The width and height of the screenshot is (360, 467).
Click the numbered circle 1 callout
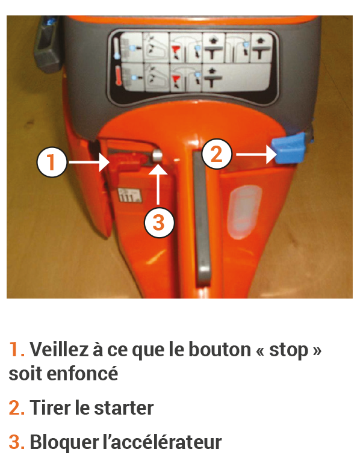[52, 162]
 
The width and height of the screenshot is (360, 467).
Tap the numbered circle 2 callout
[217, 154]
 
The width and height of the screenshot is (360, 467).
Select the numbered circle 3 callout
[159, 223]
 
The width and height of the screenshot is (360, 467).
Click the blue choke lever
[289, 149]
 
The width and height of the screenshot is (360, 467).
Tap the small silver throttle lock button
[157, 156]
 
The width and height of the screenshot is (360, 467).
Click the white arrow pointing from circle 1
[89, 162]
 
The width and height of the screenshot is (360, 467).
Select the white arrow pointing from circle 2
[256, 154]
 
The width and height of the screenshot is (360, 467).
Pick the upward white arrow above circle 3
[158, 185]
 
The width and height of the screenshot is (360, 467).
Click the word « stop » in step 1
[289, 350]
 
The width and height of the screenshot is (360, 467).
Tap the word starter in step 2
[124, 408]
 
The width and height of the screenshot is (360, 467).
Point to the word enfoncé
[82, 373]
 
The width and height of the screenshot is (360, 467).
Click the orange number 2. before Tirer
[17, 408]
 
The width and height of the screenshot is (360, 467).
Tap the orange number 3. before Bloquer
[17, 442]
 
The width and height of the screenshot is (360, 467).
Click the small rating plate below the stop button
[129, 196]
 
